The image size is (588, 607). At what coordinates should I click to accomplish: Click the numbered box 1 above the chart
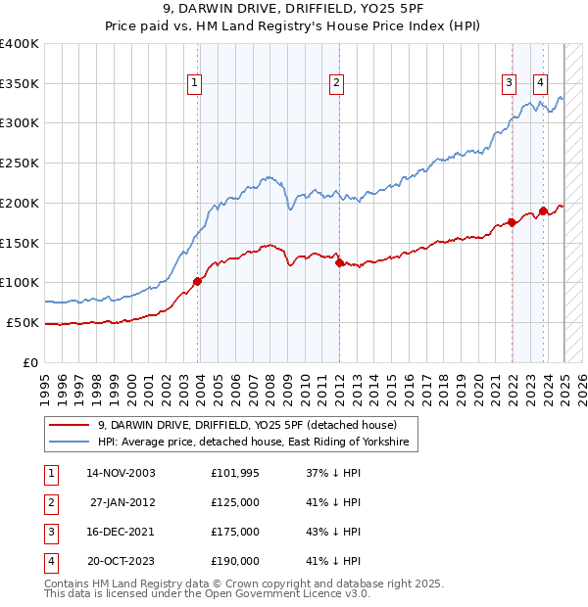pos(196,84)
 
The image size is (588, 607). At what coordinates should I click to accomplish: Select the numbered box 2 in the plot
pos(336,84)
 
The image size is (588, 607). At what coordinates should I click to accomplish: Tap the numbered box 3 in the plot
pos(510,84)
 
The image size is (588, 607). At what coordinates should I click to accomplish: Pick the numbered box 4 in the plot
pos(541,84)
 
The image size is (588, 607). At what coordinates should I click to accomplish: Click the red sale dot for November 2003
pos(198,281)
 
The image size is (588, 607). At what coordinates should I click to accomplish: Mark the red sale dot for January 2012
pos(339,262)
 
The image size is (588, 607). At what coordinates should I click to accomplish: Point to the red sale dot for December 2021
pos(512,222)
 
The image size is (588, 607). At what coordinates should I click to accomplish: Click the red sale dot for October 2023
pos(543,210)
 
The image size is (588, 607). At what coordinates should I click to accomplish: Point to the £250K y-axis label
pos(20,164)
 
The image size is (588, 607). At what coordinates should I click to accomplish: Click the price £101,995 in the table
pos(235,473)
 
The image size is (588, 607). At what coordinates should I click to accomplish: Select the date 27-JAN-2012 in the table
pos(122,502)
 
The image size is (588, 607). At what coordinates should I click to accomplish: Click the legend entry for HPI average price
pos(258,444)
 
